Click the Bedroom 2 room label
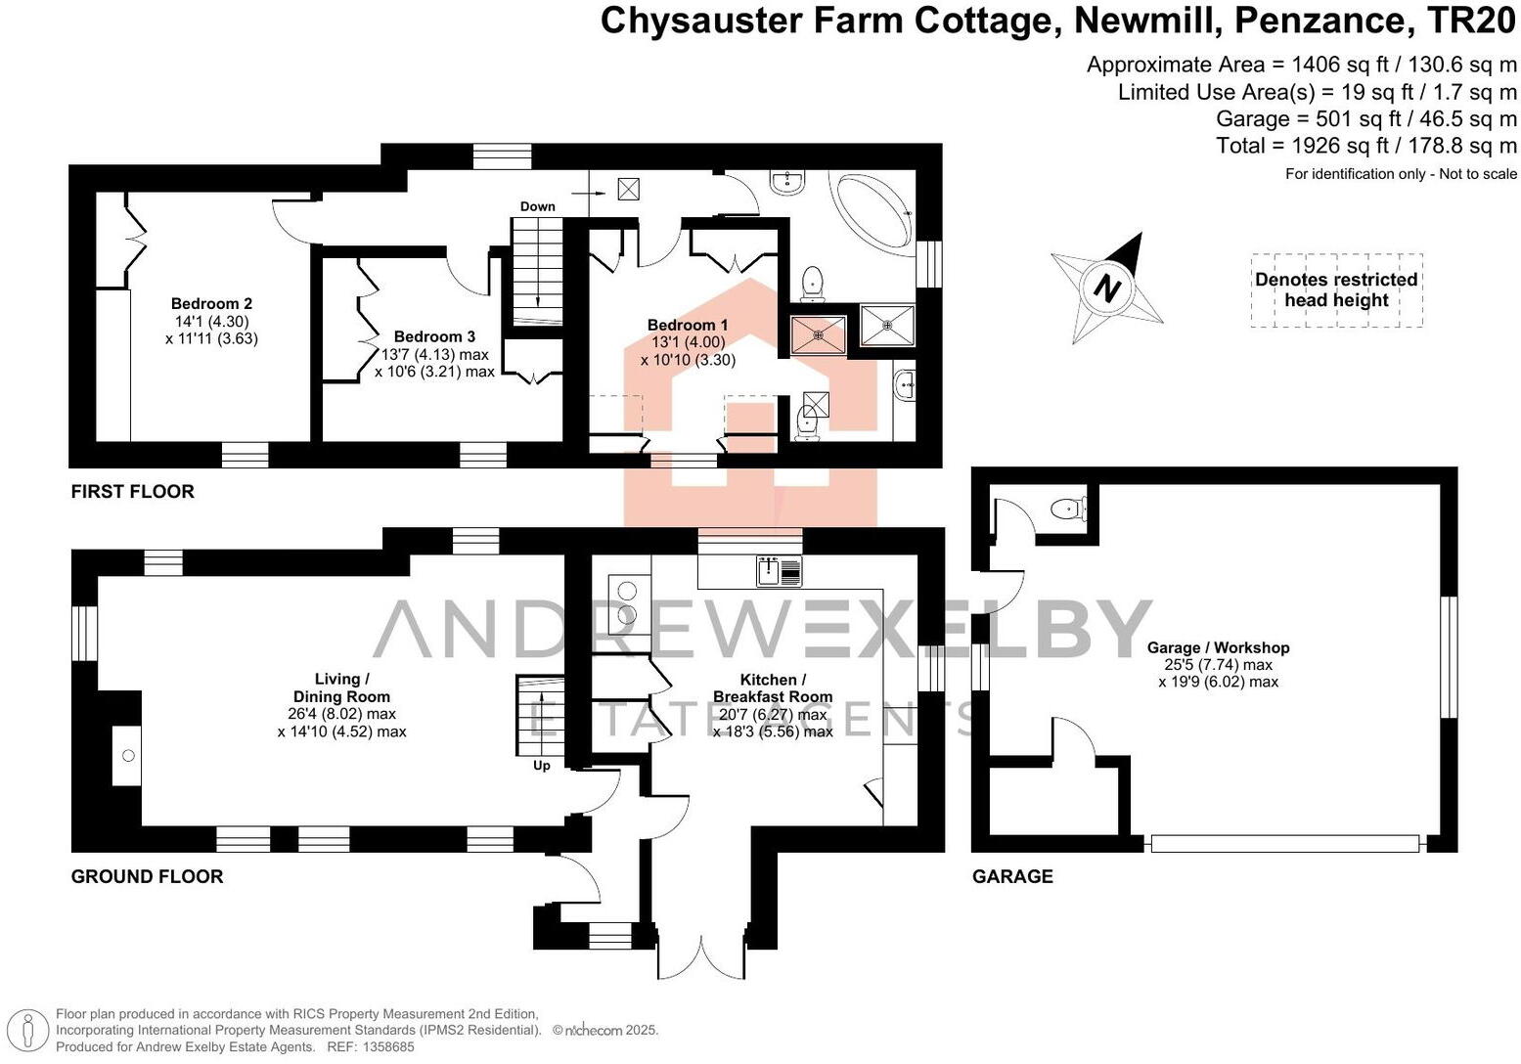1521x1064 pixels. coord(211,304)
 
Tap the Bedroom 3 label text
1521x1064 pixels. coord(434,336)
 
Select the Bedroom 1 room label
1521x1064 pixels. coord(688,325)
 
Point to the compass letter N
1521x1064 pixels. coord(1106,288)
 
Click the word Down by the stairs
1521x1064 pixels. coord(538,206)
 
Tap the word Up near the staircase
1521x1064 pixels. coord(542,766)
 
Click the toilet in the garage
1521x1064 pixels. coord(1065,509)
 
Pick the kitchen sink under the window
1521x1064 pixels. coord(780,571)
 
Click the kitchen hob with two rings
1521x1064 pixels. coord(624,602)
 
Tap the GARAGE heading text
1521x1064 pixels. coord(1012,876)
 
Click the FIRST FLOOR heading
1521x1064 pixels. coord(132,491)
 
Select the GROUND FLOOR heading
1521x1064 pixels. coord(147,876)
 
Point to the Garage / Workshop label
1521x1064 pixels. coord(1218,647)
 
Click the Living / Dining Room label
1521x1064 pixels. coord(340,687)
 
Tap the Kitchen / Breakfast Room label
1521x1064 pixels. coord(773,687)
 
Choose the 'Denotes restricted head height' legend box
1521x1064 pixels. coord(1336,289)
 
